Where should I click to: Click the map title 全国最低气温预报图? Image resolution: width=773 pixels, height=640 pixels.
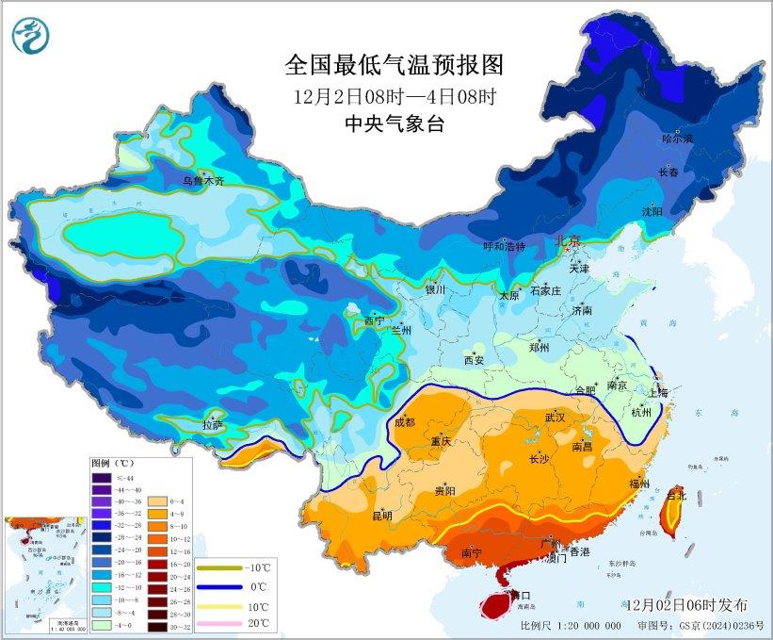pos(395,65)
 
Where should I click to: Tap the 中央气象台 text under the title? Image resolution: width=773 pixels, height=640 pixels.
pos(395,123)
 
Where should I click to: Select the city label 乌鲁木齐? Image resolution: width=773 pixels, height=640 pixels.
pos(203,181)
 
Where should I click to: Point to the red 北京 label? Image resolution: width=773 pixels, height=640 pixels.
pos(570,241)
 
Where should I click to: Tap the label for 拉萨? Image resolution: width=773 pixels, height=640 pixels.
pos(212,425)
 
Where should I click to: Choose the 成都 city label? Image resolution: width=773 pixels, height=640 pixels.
pos(406,422)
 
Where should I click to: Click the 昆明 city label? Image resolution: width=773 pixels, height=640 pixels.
pos(381,515)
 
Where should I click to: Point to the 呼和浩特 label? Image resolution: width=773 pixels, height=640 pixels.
pos(504,246)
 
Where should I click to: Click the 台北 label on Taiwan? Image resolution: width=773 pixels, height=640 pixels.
pos(676,494)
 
